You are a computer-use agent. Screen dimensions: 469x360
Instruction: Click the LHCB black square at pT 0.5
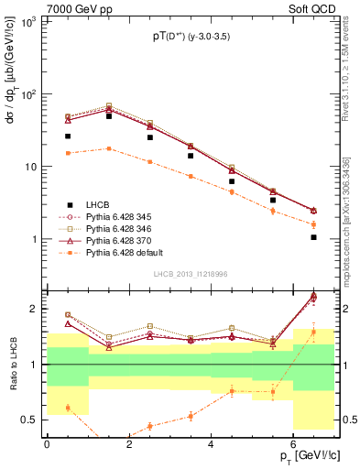[68, 136]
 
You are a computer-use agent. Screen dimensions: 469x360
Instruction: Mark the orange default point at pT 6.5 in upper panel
[313, 224]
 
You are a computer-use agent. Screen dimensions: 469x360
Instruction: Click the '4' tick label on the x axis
[211, 443]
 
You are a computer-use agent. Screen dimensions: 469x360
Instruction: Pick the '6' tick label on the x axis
[293, 443]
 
